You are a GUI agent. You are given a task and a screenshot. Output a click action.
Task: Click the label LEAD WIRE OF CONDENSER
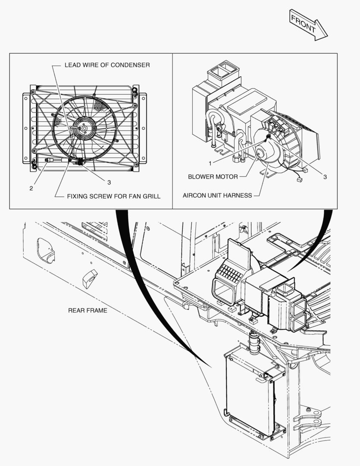click(107, 65)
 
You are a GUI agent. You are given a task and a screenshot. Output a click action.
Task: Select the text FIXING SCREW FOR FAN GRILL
click(113, 196)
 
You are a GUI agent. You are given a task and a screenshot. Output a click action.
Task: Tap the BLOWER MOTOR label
click(213, 177)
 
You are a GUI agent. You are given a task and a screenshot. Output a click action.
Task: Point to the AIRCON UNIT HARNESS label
click(217, 195)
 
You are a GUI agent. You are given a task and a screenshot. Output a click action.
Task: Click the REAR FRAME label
click(88, 310)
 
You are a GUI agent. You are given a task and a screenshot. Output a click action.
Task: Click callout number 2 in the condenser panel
click(31, 189)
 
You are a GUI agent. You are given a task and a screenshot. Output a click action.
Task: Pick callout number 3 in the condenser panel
click(109, 182)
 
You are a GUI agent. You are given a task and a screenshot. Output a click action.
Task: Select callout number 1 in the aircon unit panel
click(210, 164)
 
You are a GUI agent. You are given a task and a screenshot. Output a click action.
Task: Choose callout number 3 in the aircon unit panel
click(325, 177)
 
